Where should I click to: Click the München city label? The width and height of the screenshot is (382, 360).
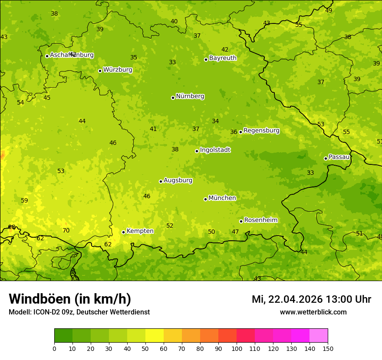(222, 198)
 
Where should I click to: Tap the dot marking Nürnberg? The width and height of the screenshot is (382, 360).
(173, 98)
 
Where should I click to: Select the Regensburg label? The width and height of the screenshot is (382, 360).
(261, 131)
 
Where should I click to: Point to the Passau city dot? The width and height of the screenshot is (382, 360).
(326, 158)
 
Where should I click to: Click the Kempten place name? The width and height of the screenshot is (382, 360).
(140, 231)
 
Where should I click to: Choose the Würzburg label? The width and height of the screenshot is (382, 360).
(117, 70)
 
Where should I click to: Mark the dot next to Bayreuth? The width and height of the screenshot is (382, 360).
(206, 59)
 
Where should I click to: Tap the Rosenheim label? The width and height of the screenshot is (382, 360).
(260, 220)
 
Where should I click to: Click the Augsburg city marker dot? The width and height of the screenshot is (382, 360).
(161, 181)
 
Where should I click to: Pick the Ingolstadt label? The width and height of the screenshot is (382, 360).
(215, 150)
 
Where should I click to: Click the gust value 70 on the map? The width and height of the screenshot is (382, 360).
(66, 230)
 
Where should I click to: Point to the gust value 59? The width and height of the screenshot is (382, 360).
(24, 200)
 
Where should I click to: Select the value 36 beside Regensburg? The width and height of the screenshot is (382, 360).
(234, 132)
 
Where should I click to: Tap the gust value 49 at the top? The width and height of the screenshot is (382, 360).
(329, 10)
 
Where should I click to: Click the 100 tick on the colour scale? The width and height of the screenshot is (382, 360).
(237, 348)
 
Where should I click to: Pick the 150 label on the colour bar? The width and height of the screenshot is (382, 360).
(328, 348)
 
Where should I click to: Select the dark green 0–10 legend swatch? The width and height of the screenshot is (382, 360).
(63, 336)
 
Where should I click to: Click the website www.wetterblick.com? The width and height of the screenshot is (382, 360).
(313, 312)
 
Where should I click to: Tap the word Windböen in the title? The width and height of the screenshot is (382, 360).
(40, 299)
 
